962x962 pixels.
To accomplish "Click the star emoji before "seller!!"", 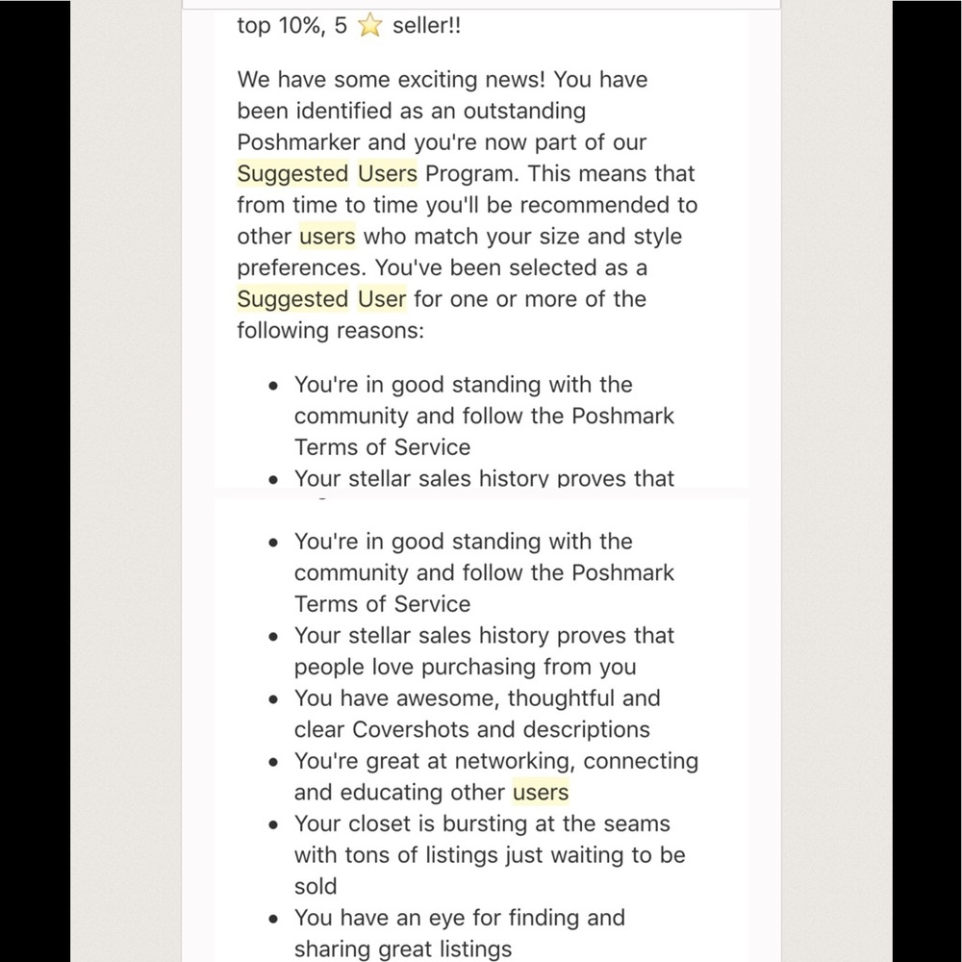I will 369,26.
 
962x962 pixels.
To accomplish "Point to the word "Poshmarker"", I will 299,142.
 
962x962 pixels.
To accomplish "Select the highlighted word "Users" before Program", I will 388,174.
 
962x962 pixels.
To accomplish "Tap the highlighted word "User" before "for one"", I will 382,299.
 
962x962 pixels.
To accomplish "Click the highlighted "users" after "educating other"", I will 541,793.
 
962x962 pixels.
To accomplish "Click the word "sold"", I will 316,887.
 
